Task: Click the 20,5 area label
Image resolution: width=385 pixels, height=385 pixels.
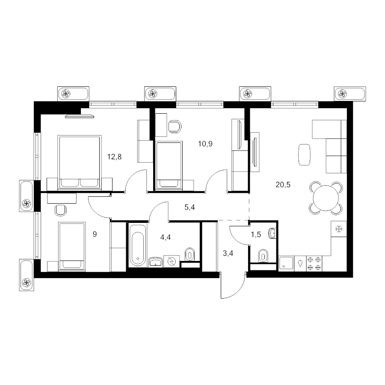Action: (x=283, y=185)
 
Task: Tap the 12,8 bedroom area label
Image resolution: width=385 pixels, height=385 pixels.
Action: (x=114, y=157)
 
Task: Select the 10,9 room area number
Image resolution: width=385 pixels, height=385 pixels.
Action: (x=205, y=144)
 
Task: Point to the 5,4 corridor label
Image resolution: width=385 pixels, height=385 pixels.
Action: (x=190, y=207)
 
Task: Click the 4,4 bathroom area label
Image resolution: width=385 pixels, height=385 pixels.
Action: (x=165, y=237)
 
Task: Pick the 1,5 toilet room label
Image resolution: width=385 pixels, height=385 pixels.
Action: (x=256, y=235)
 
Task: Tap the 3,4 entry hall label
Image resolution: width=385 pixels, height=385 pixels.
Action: (x=228, y=253)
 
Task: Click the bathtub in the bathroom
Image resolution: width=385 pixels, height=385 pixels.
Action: (x=137, y=245)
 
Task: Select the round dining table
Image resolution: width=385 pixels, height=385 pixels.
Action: (x=326, y=198)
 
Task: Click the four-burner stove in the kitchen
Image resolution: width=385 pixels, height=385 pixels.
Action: (x=314, y=264)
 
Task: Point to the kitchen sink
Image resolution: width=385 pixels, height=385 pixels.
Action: (x=286, y=264)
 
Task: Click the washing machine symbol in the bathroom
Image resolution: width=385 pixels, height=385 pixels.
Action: (x=172, y=261)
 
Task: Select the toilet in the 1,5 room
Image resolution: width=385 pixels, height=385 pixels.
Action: (x=263, y=256)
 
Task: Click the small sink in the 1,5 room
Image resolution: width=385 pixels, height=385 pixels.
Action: (x=272, y=233)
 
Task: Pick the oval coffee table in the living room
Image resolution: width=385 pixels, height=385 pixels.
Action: (x=305, y=155)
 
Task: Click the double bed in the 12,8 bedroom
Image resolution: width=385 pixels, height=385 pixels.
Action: (x=79, y=162)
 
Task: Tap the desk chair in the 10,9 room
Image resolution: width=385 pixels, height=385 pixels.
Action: (x=175, y=127)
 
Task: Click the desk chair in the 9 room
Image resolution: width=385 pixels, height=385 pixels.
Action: (x=61, y=210)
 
